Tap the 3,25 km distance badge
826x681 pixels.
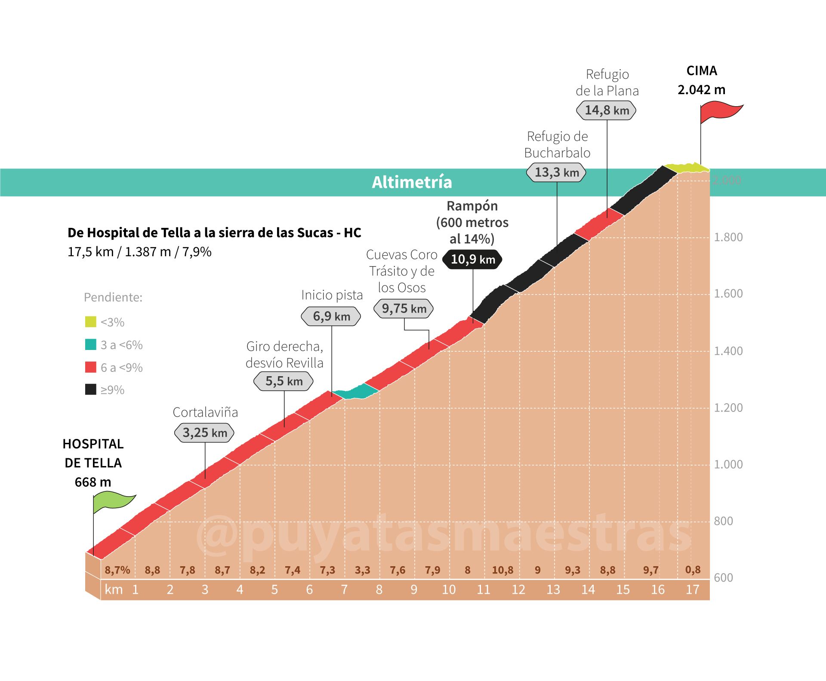[204, 433]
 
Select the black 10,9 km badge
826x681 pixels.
[472, 259]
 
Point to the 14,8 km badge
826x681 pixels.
[606, 110]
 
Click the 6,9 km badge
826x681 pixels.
[331, 316]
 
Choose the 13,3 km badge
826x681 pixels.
[556, 172]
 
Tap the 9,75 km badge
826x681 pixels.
[404, 308]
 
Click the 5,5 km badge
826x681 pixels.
[284, 381]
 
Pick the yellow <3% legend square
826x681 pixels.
[90, 322]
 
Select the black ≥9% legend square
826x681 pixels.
[90, 390]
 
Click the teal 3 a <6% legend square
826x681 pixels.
[90, 344]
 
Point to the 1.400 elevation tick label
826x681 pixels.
[728, 351]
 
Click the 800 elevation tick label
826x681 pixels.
[723, 521]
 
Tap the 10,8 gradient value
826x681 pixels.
[502, 570]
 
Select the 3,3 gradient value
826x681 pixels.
[362, 570]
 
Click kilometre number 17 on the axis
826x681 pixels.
[692, 589]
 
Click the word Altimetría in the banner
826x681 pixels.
[412, 182]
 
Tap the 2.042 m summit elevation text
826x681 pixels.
[701, 89]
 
